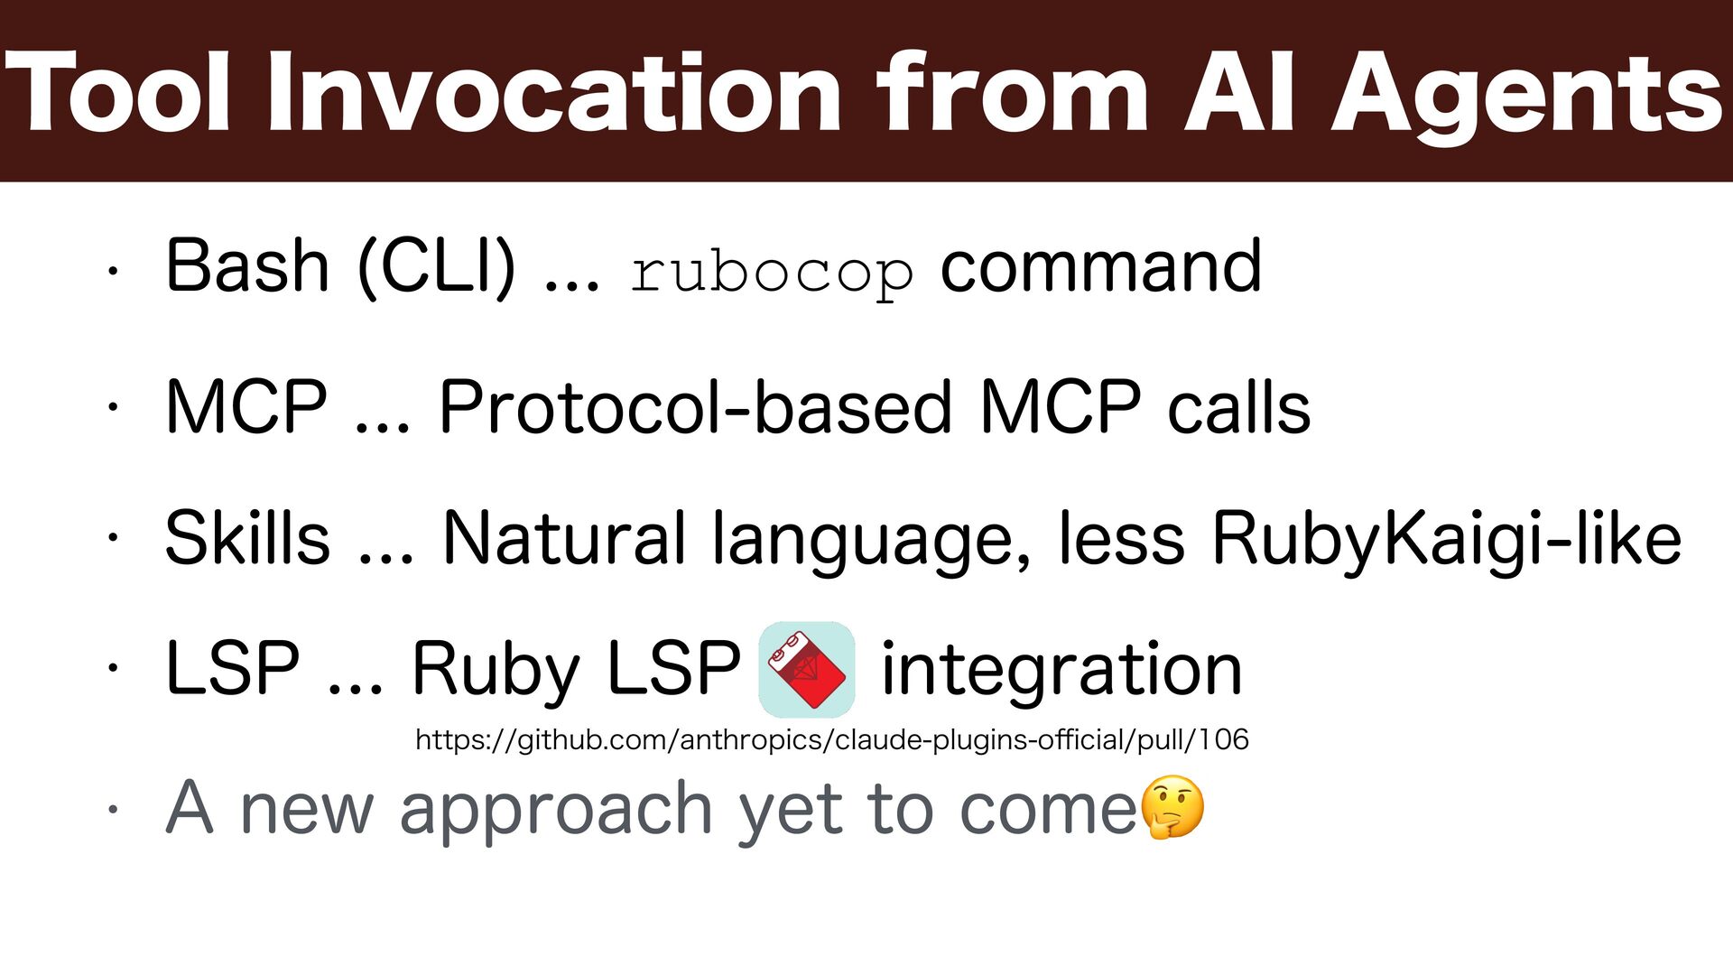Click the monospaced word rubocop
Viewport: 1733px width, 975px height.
[772, 271]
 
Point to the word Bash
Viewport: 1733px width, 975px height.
[247, 266]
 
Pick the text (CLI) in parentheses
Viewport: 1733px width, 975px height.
[437, 266]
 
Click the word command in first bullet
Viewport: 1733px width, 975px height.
[1100, 266]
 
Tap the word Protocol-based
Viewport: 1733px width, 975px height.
[695, 407]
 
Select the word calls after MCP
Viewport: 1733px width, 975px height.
[1238, 407]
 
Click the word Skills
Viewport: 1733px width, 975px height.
[247, 539]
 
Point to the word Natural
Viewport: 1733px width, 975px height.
[564, 539]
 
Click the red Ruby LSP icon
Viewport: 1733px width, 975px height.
[807, 670]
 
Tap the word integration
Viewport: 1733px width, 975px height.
[1061, 670]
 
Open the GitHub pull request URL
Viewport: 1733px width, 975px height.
[831, 740]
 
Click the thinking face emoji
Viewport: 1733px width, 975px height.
[1172, 807]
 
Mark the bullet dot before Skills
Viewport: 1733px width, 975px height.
[112, 539]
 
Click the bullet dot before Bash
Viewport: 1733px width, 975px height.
[112, 269]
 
